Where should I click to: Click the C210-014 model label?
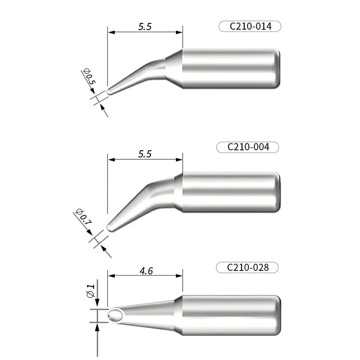coord(250,27)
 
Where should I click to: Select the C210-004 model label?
coord(248,147)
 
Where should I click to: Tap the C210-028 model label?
coord(247,268)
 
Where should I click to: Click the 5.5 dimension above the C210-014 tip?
coord(145,27)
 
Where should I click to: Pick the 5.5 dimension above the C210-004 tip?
coord(145,154)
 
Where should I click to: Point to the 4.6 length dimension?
coord(146,271)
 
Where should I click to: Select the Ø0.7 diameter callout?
coord(83,218)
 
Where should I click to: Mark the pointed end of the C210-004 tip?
coord(109,228)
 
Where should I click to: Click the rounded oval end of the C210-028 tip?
coord(115,315)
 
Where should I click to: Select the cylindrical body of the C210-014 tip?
coord(230,68)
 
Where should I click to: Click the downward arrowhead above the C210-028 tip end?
coord(98,306)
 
